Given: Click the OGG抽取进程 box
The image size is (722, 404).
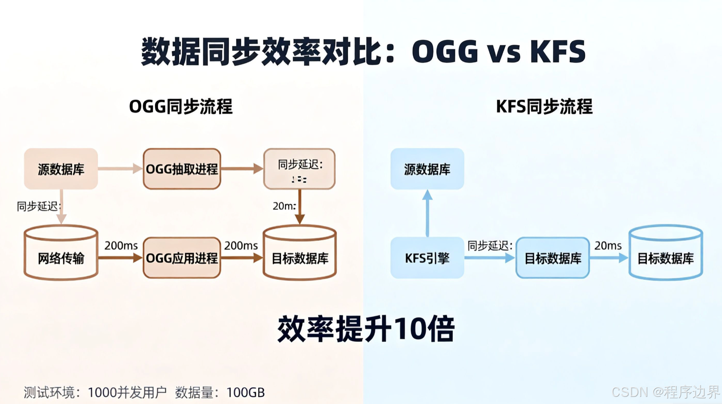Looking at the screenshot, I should point(182,169).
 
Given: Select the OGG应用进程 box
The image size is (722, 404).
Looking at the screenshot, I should point(182,258).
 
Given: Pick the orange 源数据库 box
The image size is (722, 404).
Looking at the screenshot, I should point(61,169).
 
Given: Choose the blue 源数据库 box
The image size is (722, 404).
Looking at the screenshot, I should point(427,169).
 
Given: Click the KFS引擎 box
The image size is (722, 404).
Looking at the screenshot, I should point(427,258).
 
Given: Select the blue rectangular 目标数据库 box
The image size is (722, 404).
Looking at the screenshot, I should point(552,258).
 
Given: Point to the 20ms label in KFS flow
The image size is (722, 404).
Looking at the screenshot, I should point(608,246).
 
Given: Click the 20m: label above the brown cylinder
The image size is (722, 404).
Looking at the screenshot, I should point(284,206).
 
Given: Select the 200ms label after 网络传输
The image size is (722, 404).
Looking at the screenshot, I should point(121,246).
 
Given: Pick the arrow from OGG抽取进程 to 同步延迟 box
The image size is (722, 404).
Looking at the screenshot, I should point(242,169).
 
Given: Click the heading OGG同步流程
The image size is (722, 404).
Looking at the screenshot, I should point(181,106).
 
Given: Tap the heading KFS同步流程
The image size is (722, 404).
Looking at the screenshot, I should point(544,106).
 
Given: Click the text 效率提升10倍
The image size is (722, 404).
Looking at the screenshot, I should point(366,329).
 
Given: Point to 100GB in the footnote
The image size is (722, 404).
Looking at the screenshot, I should point(246,392).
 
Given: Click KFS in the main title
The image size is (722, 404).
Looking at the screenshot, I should point(558,52).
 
